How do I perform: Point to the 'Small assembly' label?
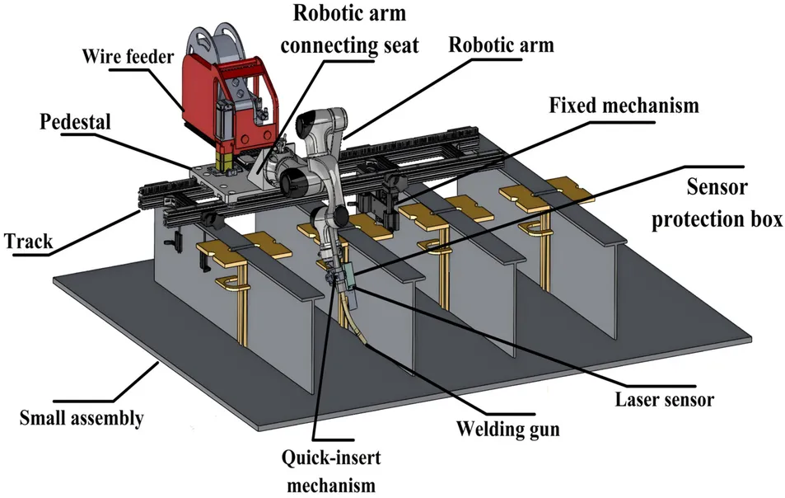point(81,417)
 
